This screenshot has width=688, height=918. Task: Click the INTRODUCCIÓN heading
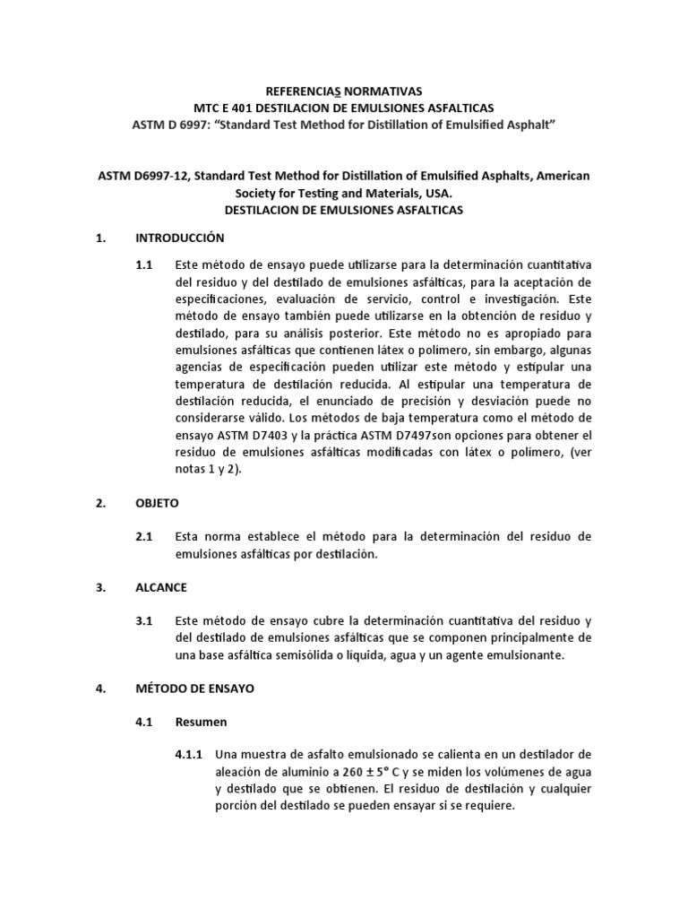click(x=179, y=238)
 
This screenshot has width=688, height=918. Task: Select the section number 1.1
click(x=144, y=266)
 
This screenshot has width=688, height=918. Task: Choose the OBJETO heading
click(x=157, y=503)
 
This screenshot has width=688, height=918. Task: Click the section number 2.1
click(x=144, y=536)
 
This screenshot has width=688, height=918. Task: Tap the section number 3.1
click(x=144, y=620)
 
